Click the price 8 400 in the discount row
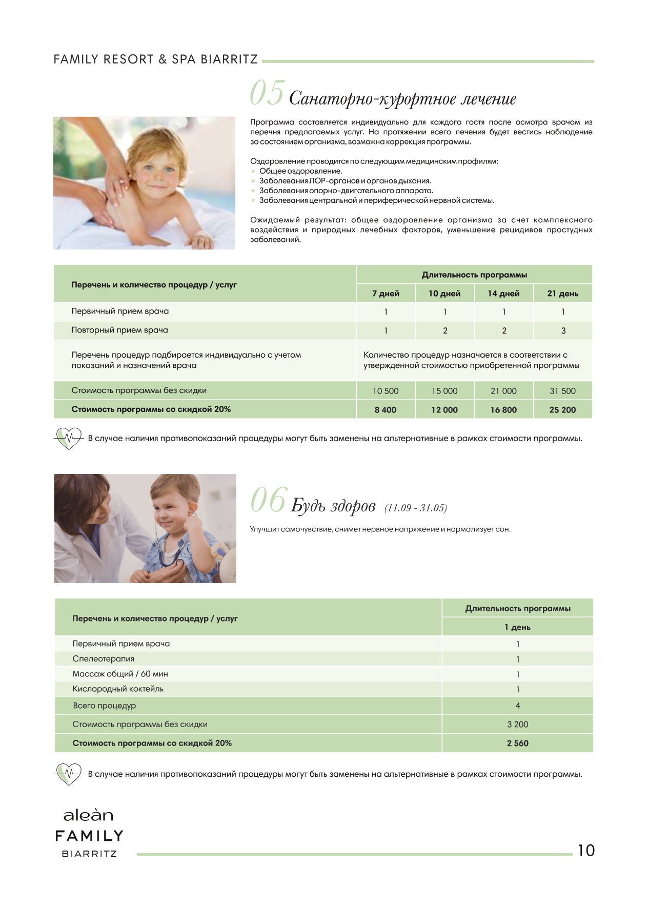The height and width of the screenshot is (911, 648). pos(385,410)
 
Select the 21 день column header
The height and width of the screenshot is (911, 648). pos(562,294)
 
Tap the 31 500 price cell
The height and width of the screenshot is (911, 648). pos(562,391)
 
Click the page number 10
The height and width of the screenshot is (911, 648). pos(586,851)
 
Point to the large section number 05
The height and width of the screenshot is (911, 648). pos(267,94)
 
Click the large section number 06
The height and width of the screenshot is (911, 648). pos(267,501)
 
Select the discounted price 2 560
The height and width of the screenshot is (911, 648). pos(517,743)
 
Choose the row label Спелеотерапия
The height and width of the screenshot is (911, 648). pos(103,659)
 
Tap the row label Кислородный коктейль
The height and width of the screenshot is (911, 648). pos(118,689)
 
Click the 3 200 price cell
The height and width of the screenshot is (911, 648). pos(517,724)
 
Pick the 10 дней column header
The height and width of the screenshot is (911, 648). pos(444,294)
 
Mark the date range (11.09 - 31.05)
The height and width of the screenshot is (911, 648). pos(415,508)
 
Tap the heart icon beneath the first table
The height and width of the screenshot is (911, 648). pos(68,438)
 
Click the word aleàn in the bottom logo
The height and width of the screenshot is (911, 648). pos(88,816)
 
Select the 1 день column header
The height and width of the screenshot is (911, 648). pos(517,628)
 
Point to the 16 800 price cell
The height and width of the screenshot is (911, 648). pos(503,410)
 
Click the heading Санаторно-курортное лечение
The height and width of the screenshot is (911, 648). pos(402,98)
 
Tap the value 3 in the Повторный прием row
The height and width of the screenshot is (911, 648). pos(563,331)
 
